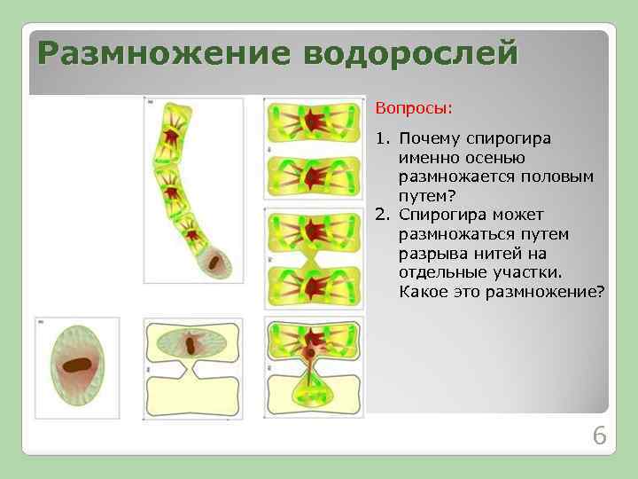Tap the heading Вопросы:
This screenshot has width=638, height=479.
pyautogui.click(x=413, y=108)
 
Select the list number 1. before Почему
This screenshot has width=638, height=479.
pyautogui.click(x=383, y=139)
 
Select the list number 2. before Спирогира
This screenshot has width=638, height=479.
pyautogui.click(x=383, y=216)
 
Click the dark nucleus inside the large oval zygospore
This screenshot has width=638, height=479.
pyautogui.click(x=75, y=365)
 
